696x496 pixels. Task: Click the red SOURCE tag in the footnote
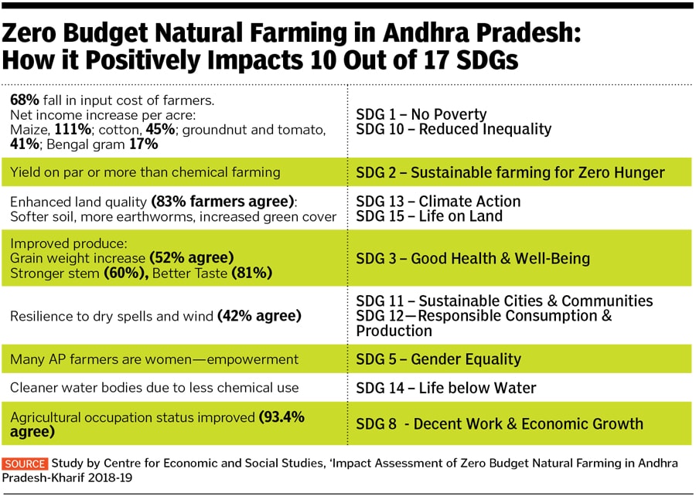click(x=26, y=464)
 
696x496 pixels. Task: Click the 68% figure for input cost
click(x=24, y=100)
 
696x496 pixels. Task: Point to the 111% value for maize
click(x=71, y=129)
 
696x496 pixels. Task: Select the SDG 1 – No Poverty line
click(x=421, y=114)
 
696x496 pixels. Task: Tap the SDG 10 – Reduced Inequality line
click(x=454, y=129)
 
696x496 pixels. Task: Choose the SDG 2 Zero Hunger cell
click(x=510, y=172)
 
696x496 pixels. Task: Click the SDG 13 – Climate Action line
click(x=438, y=202)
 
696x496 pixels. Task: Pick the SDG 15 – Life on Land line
click(x=429, y=216)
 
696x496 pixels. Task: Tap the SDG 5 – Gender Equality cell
click(x=438, y=359)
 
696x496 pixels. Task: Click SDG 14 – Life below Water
click(x=446, y=388)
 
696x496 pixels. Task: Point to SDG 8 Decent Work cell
click(x=500, y=423)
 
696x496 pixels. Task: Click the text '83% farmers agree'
click(x=223, y=202)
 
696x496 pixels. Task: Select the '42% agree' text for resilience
click(x=260, y=316)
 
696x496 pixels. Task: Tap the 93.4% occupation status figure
click(x=281, y=417)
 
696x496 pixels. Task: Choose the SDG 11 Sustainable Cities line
click(x=504, y=301)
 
